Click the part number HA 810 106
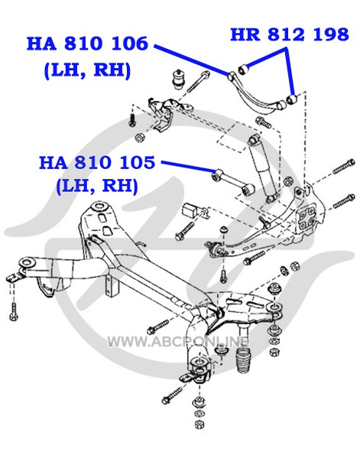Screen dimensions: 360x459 coord(87,44)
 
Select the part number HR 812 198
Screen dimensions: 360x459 coord(290,34)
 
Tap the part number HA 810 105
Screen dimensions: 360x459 coord(97,162)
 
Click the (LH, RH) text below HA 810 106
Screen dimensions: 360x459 coord(87,70)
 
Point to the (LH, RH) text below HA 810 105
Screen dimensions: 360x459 coord(97,185)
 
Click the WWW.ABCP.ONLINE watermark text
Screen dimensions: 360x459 coord(178,341)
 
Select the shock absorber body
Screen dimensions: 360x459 coord(262,169)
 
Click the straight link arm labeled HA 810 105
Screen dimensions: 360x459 coord(233,181)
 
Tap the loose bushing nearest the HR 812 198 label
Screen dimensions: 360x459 coord(243,70)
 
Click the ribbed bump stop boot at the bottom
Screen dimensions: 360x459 coord(242,361)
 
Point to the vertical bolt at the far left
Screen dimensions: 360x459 coord(14,311)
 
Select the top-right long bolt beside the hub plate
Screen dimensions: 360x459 coord(345,166)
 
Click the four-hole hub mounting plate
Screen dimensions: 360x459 coord(306,217)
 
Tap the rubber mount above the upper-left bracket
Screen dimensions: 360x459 coord(177,79)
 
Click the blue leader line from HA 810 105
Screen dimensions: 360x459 coord(189,166)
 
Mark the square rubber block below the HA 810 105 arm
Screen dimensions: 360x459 coord(189,211)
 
